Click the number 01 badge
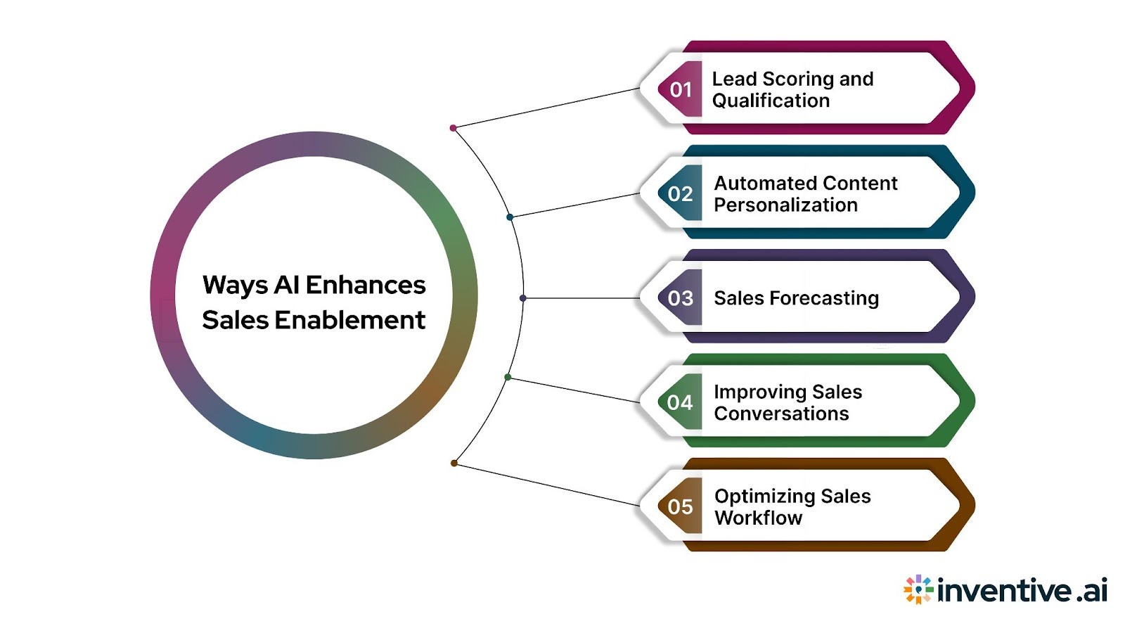[681, 89]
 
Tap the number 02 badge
[681, 193]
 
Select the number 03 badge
[681, 298]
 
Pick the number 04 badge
[681, 402]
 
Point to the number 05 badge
[681, 506]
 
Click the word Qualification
[771, 101]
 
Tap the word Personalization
[785, 205]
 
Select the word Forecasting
[824, 298]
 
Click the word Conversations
[781, 414]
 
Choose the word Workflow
[758, 518]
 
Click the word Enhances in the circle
[366, 285]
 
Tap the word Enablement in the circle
[349, 320]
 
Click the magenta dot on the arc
[454, 128]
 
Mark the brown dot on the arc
[454, 463]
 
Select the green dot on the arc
[508, 378]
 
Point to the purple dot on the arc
[523, 298]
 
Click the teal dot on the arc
[510, 217]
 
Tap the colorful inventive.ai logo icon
[918, 589]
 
